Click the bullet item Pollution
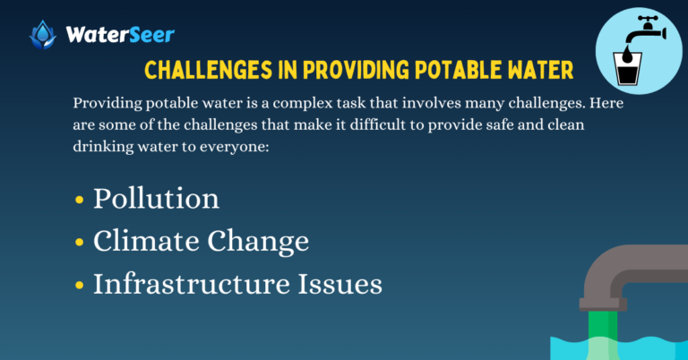156,198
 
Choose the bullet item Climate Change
202,241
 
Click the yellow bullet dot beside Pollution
80,200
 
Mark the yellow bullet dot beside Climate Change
80,243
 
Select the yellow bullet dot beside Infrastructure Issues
80,286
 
